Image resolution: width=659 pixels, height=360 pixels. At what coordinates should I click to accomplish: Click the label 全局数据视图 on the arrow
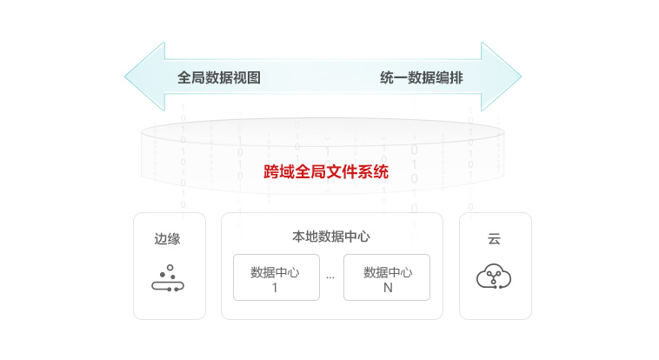point(219,77)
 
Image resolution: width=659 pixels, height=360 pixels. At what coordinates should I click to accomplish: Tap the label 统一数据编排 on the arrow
point(422,77)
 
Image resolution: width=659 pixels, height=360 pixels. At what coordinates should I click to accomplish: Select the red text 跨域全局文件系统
point(326,172)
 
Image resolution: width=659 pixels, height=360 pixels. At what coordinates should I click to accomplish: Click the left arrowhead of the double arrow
point(144,77)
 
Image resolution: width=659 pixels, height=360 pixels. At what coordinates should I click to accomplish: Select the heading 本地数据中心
point(331,236)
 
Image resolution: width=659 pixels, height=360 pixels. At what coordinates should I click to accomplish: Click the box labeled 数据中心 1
point(276,277)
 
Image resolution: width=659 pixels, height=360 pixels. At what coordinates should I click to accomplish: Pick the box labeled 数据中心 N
point(387,277)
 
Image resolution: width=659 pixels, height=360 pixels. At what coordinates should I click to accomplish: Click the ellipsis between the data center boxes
point(330,277)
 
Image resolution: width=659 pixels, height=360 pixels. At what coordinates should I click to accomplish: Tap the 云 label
point(494,239)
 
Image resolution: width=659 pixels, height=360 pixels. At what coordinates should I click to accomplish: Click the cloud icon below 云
point(494,277)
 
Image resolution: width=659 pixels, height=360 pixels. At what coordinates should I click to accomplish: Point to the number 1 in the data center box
point(275,287)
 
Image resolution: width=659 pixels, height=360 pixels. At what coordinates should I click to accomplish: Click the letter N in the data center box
point(388,287)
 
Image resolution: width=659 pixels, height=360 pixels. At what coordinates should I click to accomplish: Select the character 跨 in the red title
point(271,172)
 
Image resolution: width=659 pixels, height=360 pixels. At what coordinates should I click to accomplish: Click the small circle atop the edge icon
point(170,267)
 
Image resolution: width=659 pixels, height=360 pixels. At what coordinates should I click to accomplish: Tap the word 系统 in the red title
point(373,172)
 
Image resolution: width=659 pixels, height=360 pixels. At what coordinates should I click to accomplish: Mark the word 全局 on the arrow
point(191,77)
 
